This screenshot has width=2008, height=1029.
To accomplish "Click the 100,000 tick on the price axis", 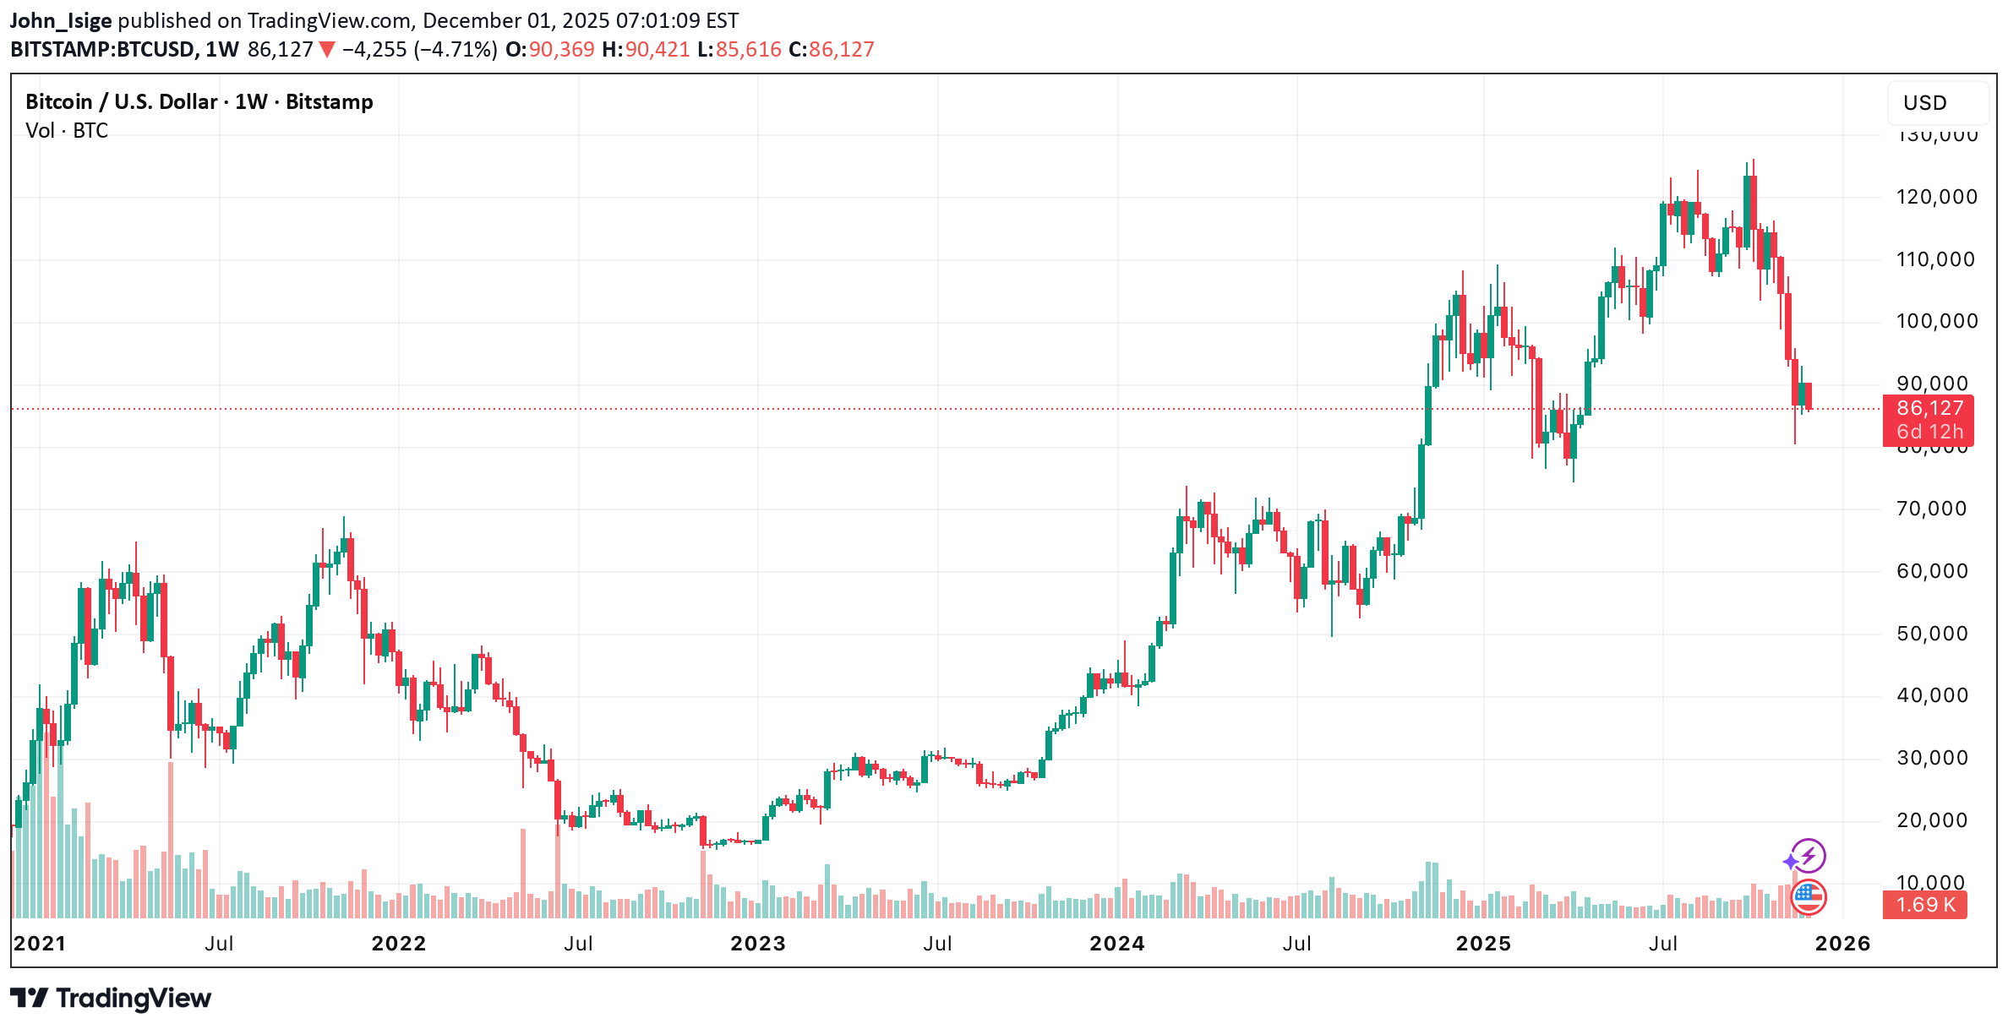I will (1936, 321).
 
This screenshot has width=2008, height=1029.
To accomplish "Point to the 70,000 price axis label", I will (1932, 509).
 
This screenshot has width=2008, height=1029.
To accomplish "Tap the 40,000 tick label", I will (1932, 695).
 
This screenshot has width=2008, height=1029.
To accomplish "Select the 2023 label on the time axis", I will (758, 944).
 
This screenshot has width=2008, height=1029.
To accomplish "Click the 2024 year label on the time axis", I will (1117, 944).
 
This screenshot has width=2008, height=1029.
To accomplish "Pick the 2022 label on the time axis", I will (399, 944).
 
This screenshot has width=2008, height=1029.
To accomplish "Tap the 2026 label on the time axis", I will (1843, 944).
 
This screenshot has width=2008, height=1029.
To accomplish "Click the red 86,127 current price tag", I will (1929, 409).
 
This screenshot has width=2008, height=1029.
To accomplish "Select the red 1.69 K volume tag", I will (1925, 905).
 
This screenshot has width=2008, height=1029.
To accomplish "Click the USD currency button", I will (1925, 103).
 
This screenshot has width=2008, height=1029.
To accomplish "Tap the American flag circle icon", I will (1809, 897).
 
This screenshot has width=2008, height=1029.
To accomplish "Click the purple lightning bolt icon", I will (1808, 856).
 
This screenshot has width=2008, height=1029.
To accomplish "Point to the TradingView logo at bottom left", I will (111, 999).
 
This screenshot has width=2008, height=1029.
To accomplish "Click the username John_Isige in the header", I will (61, 21).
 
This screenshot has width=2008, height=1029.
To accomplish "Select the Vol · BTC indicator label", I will (67, 131).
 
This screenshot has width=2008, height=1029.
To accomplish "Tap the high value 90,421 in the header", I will (657, 50).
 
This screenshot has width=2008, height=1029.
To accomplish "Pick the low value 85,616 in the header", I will (748, 50).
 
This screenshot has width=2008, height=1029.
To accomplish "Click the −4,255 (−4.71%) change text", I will (418, 50).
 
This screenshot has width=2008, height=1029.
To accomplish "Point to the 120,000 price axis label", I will (1936, 197).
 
